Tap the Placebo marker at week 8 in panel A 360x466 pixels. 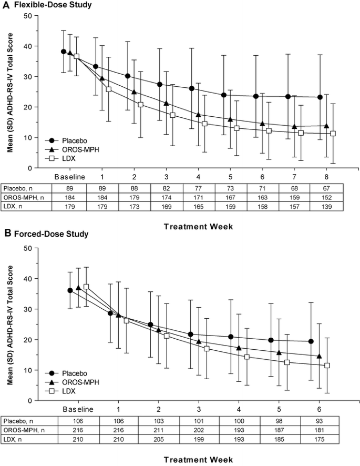click(x=320, y=97)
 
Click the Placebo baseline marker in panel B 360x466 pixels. click(x=70, y=290)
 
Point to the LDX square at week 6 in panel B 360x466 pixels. click(x=327, y=366)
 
